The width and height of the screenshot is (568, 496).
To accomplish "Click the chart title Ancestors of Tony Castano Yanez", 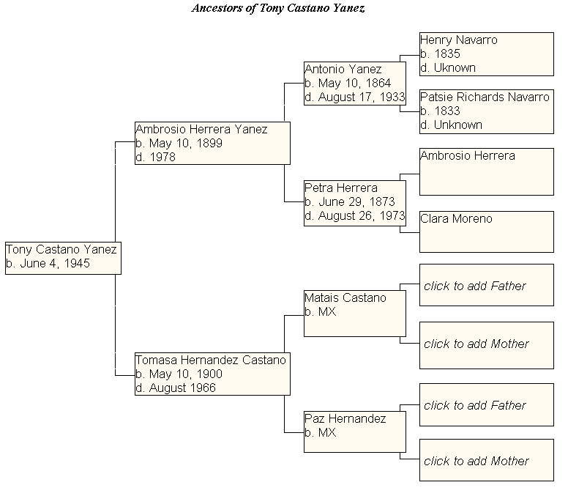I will (x=277, y=9).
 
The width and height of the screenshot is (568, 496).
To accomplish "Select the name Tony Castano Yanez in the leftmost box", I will (x=61, y=250).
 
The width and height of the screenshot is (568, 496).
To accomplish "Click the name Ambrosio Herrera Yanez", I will (x=201, y=130).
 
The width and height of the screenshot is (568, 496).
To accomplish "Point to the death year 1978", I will (x=162, y=157).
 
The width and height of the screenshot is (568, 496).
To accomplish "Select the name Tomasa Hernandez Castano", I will (x=211, y=360).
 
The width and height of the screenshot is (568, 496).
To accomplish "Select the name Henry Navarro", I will (x=458, y=40).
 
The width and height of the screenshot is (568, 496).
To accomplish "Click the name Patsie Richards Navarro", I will (x=485, y=97).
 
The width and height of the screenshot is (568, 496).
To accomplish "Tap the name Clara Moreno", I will (x=456, y=219).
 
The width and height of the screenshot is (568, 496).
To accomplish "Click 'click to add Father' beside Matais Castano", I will (x=474, y=286).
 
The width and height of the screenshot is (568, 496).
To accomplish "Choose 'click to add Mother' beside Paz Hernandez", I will (x=476, y=461).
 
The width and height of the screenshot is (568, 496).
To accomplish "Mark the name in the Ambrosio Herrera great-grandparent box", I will (x=467, y=156).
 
